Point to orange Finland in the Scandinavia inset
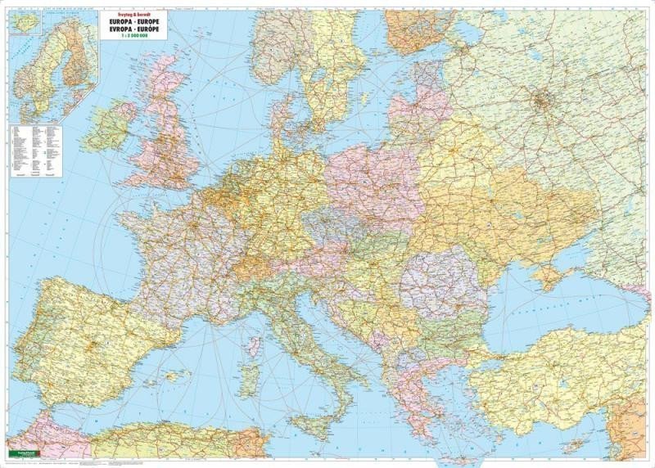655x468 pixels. click(x=78, y=49)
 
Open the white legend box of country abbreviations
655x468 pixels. click(x=37, y=151)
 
